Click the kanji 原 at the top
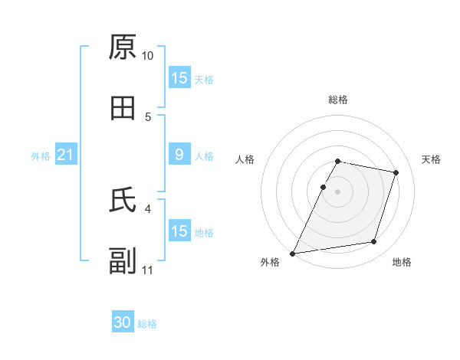(123, 47)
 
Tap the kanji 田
(123, 109)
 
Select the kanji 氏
(123, 200)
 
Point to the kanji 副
(123, 261)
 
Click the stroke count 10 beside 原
(147, 56)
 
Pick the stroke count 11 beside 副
(147, 270)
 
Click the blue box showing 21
(65, 155)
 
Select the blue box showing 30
(123, 323)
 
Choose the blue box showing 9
(179, 155)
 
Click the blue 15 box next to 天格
(179, 79)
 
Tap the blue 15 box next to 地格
(179, 231)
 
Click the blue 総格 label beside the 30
(147, 324)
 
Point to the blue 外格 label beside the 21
(41, 156)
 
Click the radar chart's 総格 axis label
(337, 100)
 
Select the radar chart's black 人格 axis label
(245, 159)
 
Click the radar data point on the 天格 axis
(396, 172)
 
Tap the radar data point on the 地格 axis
(374, 242)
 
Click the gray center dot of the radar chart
(337, 191)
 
